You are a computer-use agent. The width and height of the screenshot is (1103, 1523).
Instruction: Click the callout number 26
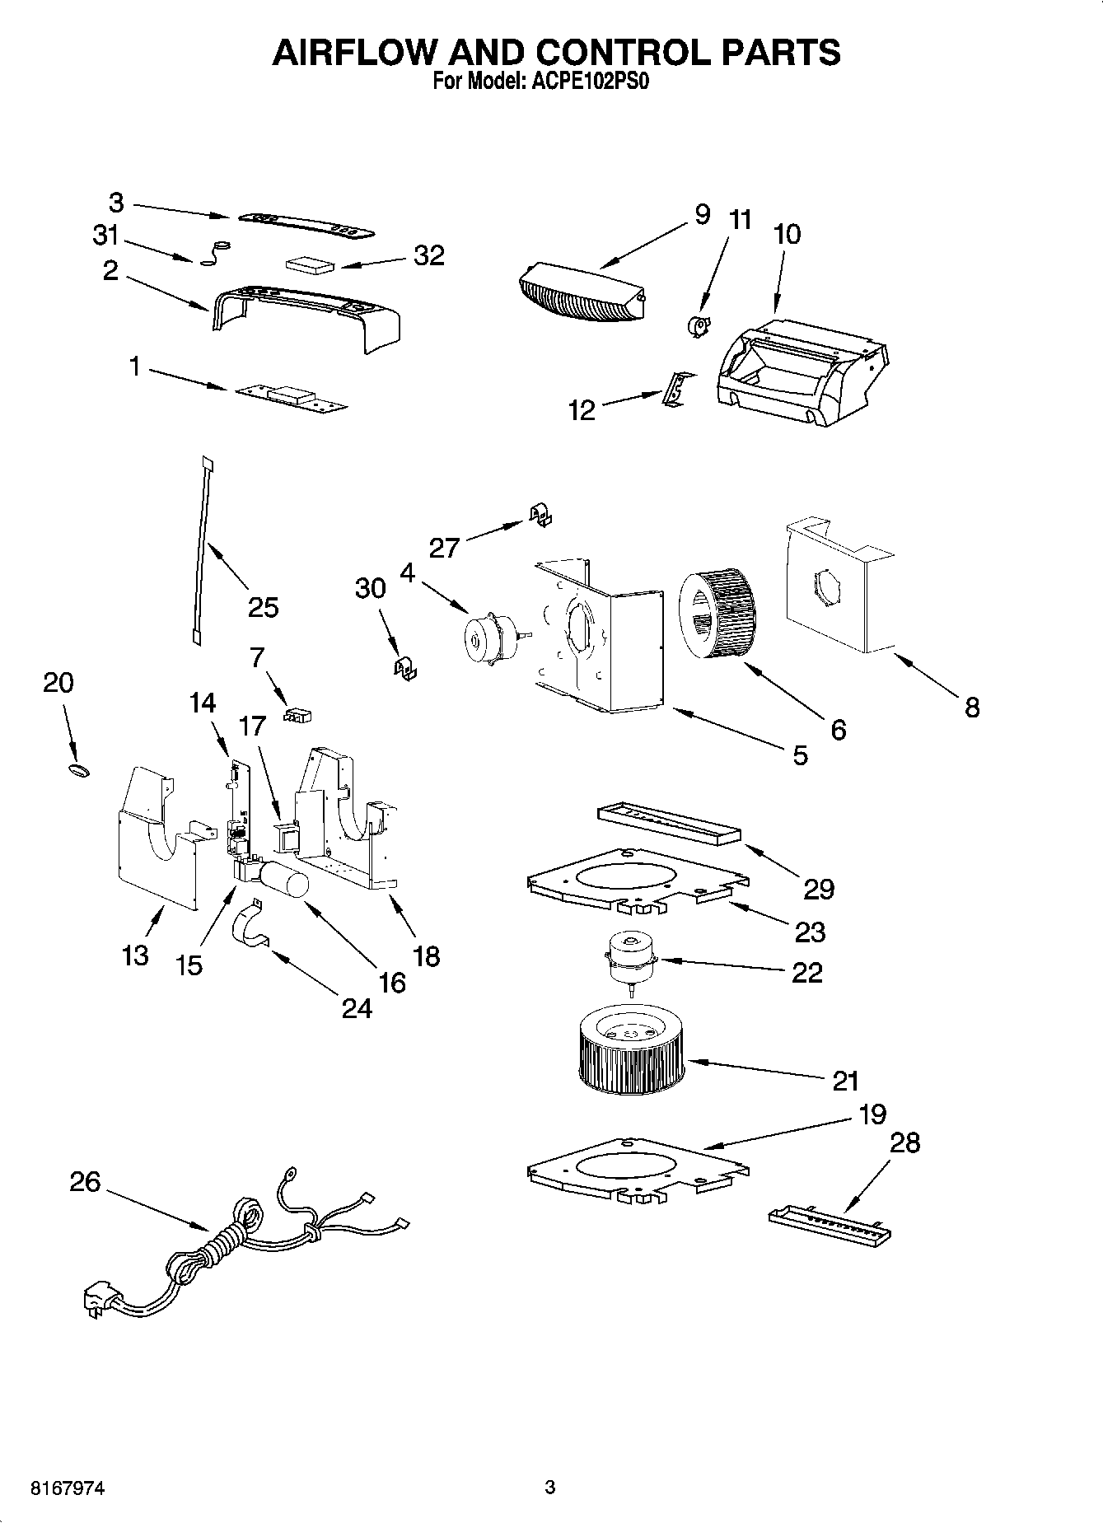[x=86, y=1182]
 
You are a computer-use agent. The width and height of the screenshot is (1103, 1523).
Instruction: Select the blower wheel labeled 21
[x=631, y=1053]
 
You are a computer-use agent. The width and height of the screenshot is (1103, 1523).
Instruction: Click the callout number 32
[x=429, y=255]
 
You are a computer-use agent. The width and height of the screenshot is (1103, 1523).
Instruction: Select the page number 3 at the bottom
[x=550, y=1488]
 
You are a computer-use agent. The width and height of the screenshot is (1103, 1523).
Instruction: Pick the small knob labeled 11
[x=698, y=327]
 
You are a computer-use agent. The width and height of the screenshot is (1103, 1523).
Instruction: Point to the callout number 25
[x=264, y=607]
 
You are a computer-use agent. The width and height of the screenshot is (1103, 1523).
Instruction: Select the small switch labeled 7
[x=297, y=714]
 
